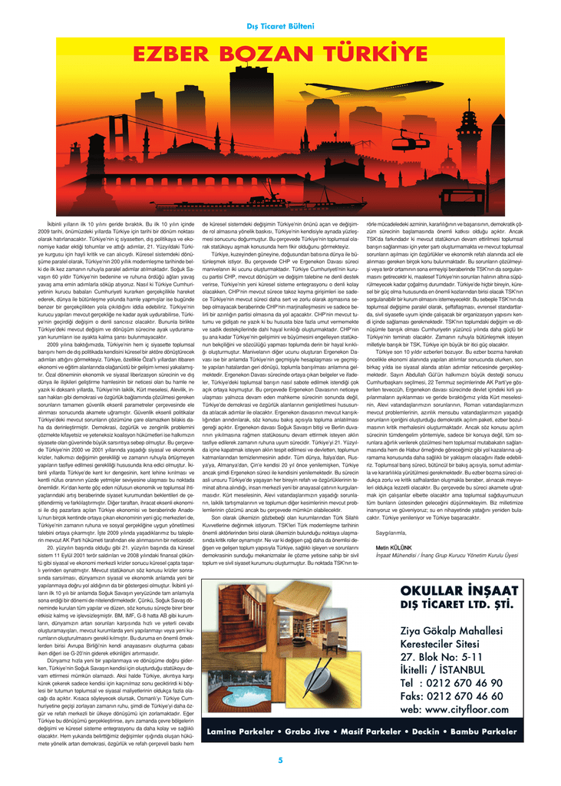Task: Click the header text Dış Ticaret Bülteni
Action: pyautogui.click(x=280, y=26)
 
